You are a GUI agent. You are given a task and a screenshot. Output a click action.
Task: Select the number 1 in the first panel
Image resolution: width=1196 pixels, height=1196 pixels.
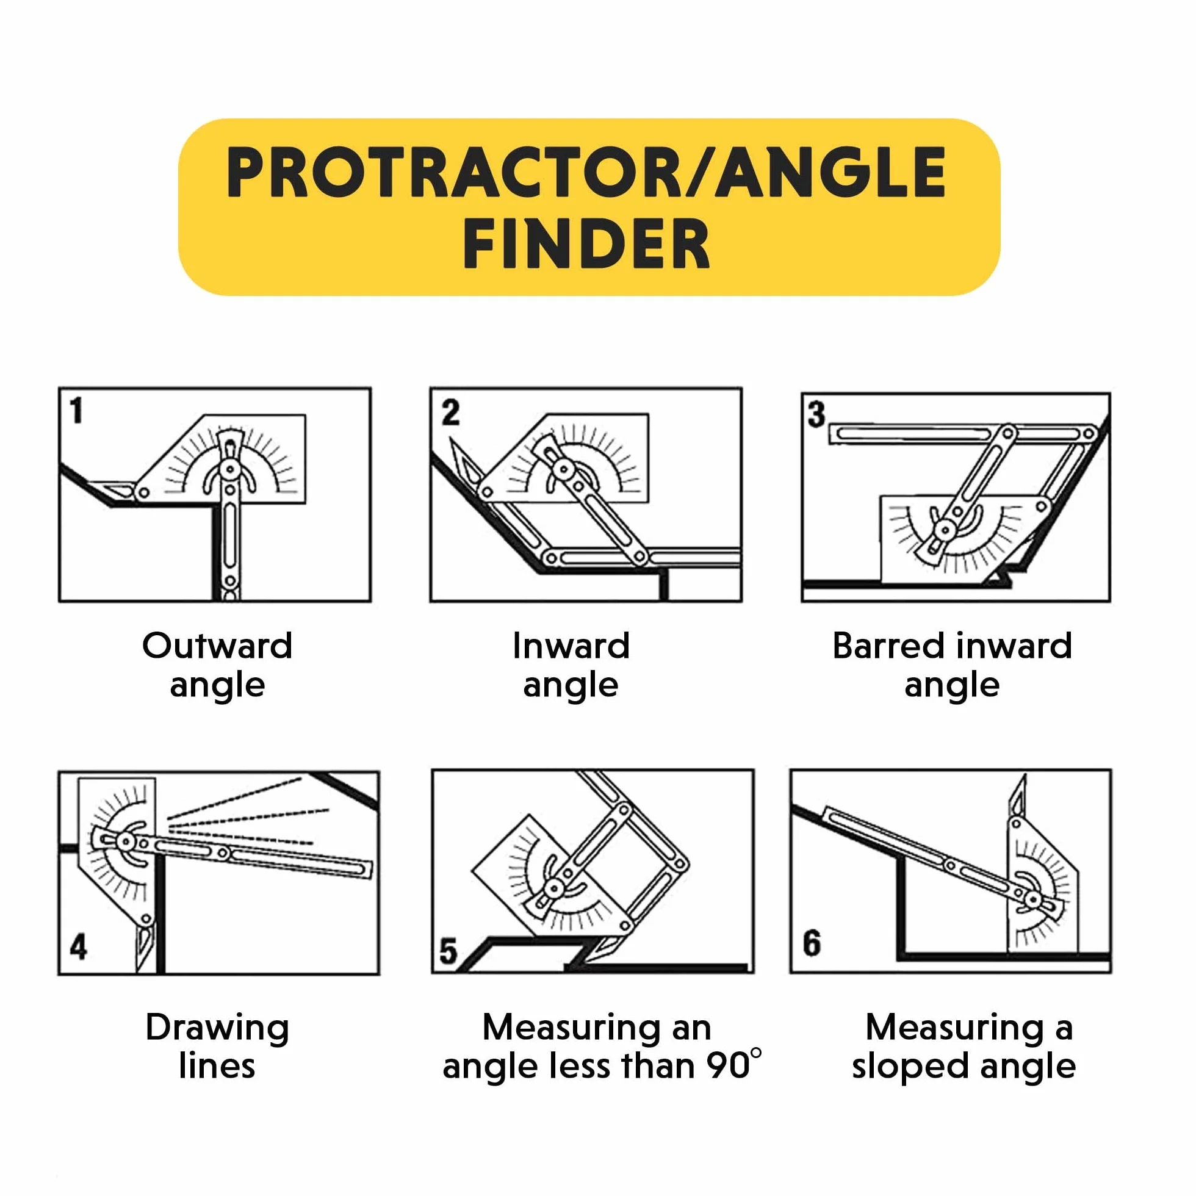point(76,411)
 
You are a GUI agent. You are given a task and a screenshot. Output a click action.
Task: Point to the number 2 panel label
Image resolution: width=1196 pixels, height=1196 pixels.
point(450,412)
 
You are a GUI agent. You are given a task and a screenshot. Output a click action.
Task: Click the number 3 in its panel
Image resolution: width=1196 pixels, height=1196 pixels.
point(816,414)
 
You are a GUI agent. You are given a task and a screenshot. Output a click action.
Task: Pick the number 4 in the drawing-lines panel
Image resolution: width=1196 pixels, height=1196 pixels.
point(78,946)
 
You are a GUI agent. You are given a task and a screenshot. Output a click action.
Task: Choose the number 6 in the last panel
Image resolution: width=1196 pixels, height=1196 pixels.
point(812,943)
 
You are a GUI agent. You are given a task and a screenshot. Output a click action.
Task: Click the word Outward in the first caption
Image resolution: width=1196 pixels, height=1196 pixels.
point(217,646)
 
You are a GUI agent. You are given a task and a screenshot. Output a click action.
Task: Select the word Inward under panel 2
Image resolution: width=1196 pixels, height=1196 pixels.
point(571,646)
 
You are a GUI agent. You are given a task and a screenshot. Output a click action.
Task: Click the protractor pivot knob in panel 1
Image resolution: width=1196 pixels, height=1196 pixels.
point(229,469)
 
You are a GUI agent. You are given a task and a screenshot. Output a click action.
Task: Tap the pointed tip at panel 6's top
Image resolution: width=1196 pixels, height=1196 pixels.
point(1025,776)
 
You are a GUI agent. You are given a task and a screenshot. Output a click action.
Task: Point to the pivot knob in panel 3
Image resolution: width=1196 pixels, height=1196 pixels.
point(945,529)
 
